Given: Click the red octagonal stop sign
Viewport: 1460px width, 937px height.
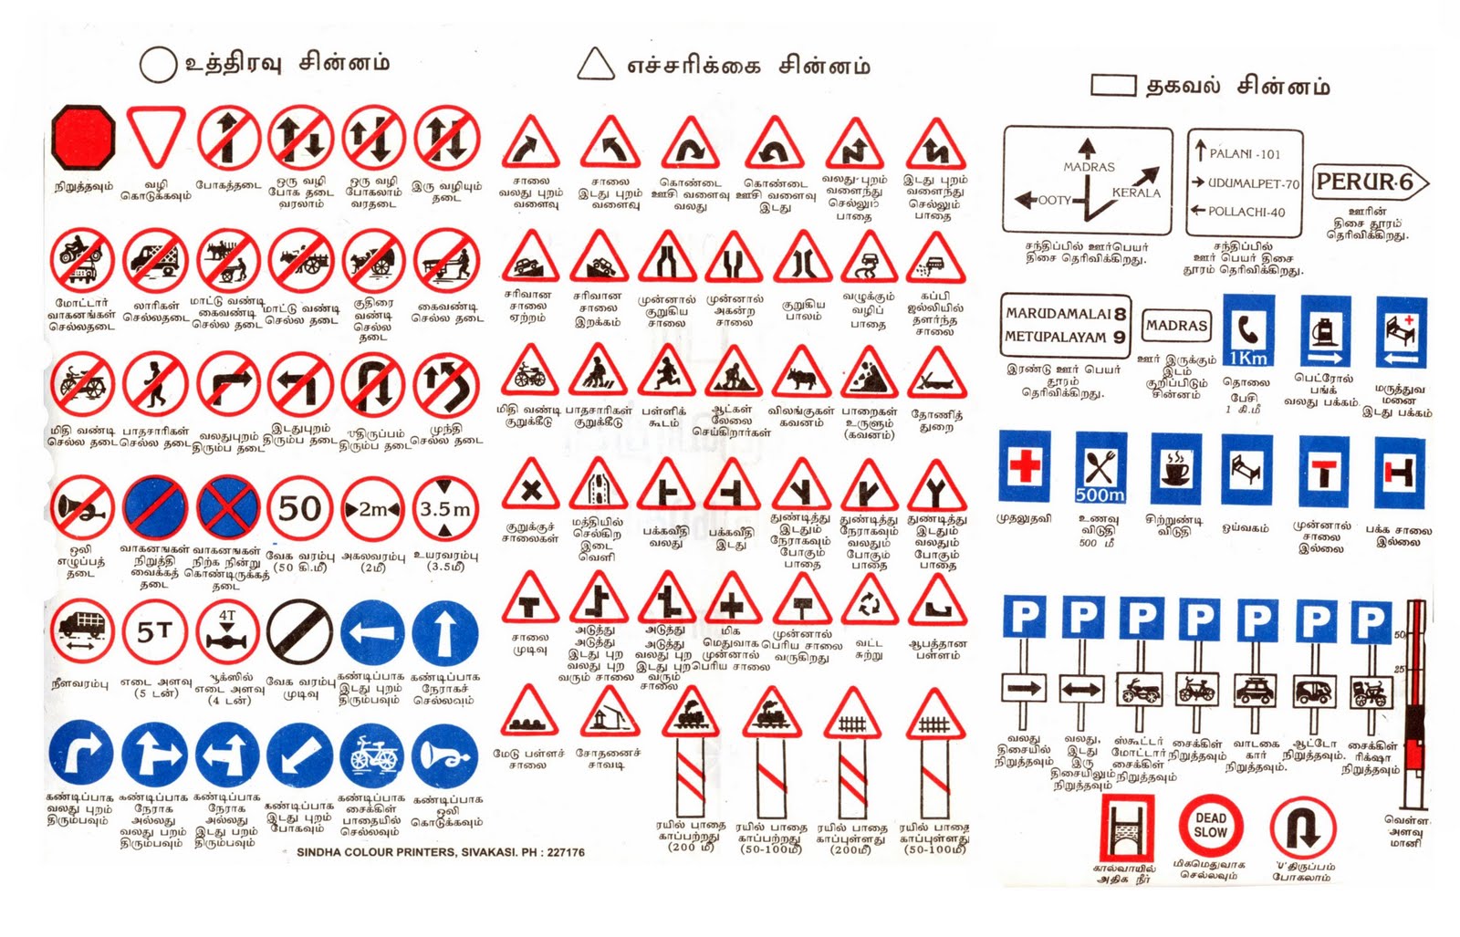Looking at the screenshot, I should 83,139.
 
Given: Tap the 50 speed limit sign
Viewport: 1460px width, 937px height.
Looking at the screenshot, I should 299,508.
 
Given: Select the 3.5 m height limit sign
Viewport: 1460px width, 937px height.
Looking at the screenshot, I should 444,508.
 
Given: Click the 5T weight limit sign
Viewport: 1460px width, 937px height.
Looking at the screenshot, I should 154,630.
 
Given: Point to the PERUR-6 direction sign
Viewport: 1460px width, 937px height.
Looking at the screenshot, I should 1369,182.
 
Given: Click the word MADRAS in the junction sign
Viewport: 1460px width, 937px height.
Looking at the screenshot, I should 1089,167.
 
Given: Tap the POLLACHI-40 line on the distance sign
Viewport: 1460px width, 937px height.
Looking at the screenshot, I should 1246,212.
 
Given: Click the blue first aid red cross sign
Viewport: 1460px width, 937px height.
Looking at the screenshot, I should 1024,467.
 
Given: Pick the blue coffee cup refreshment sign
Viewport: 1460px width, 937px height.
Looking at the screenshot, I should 1175,469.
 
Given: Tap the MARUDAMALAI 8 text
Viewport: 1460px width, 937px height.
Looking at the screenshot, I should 1065,314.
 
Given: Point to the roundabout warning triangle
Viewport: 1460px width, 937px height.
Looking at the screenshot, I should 870,603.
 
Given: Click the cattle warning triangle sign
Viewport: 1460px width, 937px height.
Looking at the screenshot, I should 801,376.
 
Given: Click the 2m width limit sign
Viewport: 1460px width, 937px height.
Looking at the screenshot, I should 372,508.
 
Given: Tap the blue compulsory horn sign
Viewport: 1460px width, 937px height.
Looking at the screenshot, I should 444,756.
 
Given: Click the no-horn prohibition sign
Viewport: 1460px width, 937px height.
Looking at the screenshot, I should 82,508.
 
